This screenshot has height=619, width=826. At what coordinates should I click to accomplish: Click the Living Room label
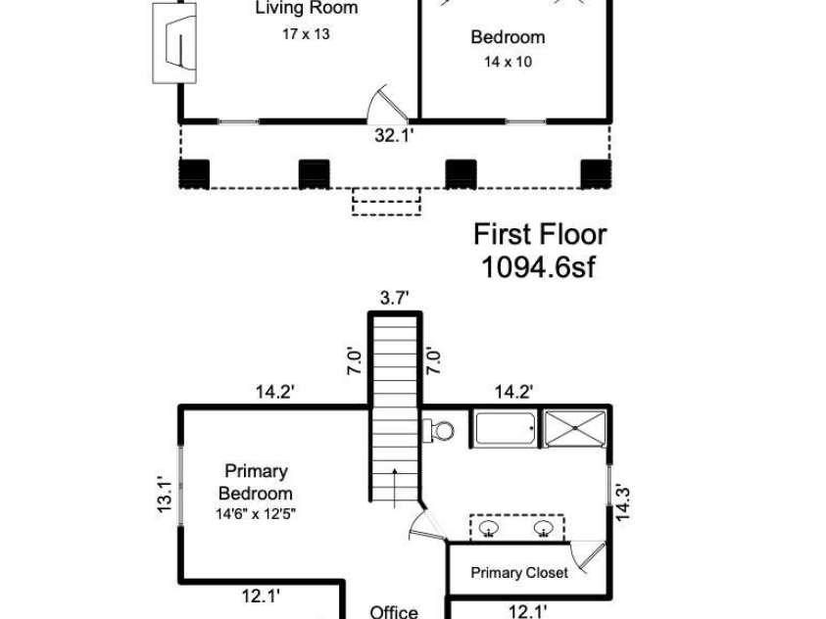(x=307, y=8)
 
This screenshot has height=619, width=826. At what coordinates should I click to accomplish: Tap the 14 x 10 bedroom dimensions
(x=508, y=62)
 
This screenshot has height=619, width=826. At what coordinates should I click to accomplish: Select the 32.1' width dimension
(x=394, y=135)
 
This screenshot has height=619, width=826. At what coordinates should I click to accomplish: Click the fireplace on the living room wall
(x=174, y=43)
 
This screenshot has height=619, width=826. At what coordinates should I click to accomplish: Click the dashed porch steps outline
(x=386, y=202)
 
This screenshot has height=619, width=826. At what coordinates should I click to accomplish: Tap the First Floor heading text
(x=540, y=234)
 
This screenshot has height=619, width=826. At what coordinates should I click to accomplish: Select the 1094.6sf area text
(x=538, y=266)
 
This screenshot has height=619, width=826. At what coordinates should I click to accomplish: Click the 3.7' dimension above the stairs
(x=395, y=298)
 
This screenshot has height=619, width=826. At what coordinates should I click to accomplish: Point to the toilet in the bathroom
(x=440, y=431)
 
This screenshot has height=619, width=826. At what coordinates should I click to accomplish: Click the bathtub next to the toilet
(x=506, y=429)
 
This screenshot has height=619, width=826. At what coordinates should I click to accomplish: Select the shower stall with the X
(x=575, y=429)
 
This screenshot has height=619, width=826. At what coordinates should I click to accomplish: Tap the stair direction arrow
(x=395, y=487)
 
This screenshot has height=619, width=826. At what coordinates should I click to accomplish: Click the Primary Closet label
(x=519, y=573)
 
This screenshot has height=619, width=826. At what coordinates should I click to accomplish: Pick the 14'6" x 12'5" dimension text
(x=256, y=514)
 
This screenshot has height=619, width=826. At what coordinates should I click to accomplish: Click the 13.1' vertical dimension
(x=164, y=495)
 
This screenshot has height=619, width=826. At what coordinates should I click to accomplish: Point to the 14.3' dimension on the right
(x=622, y=503)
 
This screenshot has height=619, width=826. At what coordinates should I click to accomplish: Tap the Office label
(x=394, y=612)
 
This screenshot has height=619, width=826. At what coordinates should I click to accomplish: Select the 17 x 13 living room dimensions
(x=306, y=33)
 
